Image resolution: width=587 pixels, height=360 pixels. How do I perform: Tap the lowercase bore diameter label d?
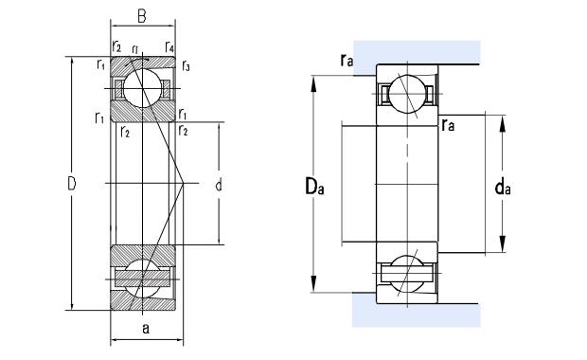click(219, 186)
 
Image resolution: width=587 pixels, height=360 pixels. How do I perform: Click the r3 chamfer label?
click(187, 66)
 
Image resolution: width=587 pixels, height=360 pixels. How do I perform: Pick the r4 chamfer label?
click(169, 46)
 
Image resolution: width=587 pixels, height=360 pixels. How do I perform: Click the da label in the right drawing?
click(505, 189)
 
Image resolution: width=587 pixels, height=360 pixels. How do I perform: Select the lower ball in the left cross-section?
click(141, 276)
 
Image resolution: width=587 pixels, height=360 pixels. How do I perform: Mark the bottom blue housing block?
click(417, 311)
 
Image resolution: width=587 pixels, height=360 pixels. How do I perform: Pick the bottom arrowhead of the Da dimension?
click(313, 287)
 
